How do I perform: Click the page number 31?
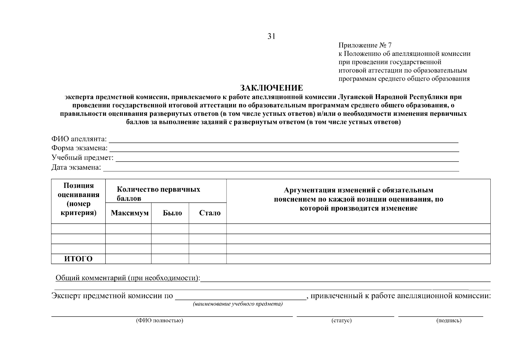click(271, 36)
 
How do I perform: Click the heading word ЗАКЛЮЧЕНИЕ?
click(271, 88)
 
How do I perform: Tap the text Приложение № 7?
click(365, 45)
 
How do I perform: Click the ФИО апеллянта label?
click(79, 139)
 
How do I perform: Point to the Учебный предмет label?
click(82, 158)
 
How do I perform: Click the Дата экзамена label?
click(76, 167)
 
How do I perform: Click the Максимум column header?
click(130, 213)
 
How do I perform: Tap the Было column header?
click(172, 213)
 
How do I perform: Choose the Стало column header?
click(209, 213)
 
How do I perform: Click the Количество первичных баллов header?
click(158, 194)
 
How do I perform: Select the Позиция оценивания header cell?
click(78, 199)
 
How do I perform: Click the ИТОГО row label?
click(78, 259)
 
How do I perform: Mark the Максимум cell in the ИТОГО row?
click(128, 259)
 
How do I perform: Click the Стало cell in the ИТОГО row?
click(208, 259)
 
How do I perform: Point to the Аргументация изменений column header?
click(358, 199)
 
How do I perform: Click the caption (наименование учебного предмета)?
click(238, 304)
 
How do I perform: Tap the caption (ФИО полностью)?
click(159, 321)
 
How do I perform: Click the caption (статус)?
click(341, 321)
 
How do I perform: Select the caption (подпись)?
click(449, 321)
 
